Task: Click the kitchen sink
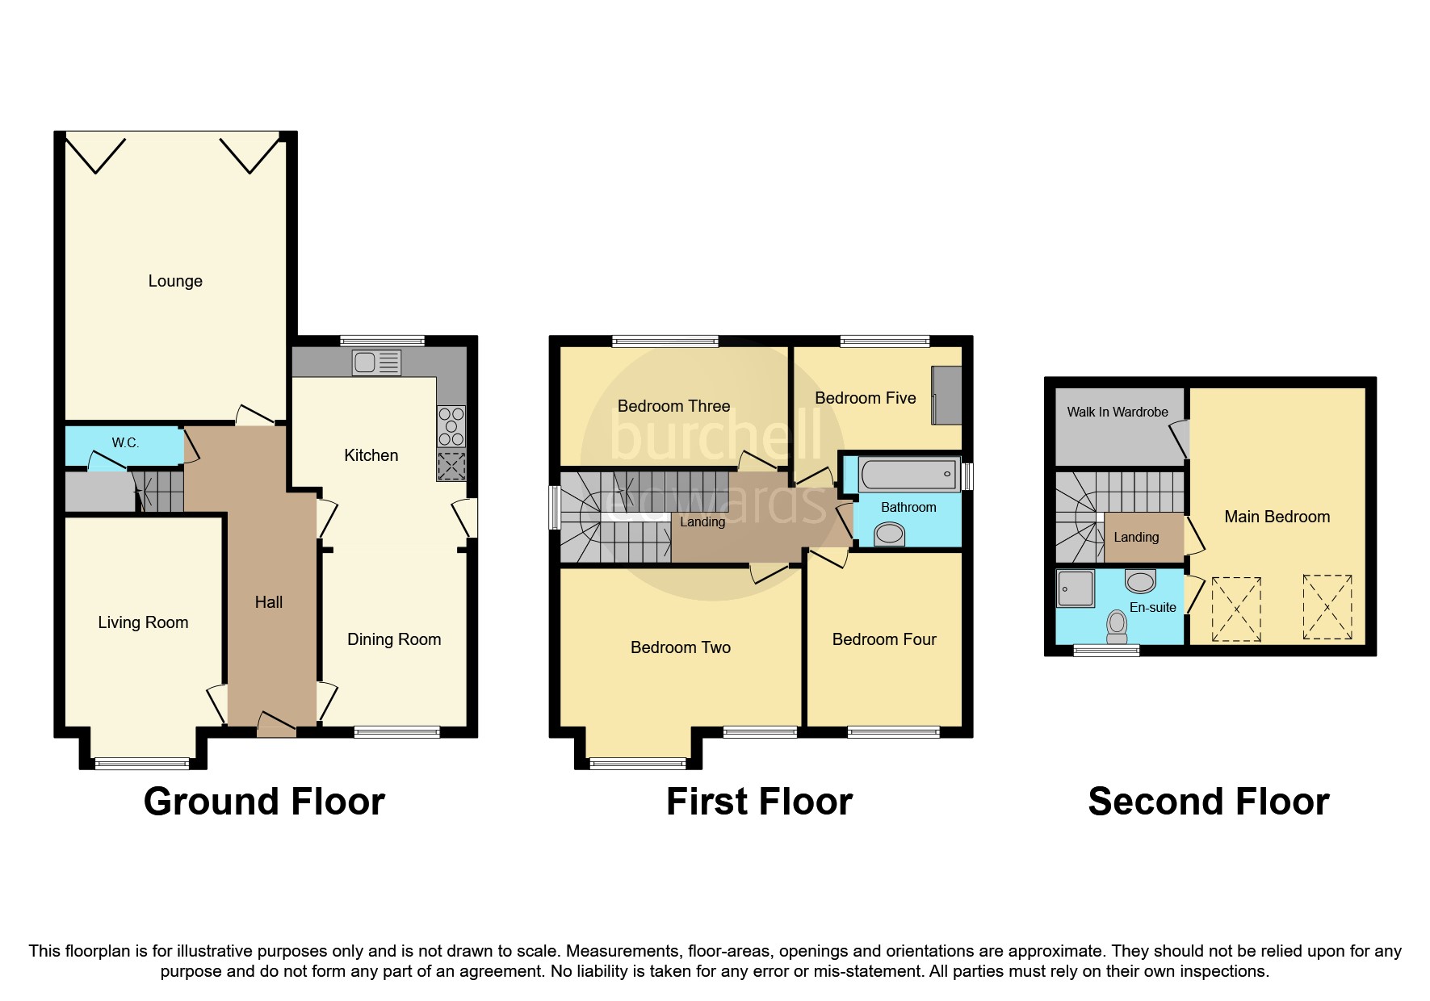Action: pos(376,362)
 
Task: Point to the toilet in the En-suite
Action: pos(1118,626)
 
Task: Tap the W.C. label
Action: pos(126,443)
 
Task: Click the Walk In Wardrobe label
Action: pos(1117,412)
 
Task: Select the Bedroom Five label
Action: pos(865,398)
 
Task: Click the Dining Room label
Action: pos(394,639)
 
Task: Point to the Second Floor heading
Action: pos(1208,802)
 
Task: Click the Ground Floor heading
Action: pos(264,802)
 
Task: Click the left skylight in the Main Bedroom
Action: pos(1236,609)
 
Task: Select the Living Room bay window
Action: pos(142,763)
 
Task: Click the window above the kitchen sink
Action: pos(382,341)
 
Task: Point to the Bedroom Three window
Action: pos(665,341)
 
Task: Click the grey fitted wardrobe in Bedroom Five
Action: pos(946,395)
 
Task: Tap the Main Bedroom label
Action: pos(1277,517)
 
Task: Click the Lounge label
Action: pos(175,281)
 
